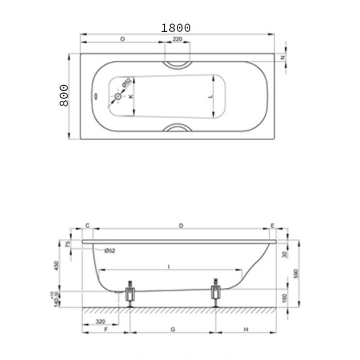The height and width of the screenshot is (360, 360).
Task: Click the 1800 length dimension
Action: pos(176,28)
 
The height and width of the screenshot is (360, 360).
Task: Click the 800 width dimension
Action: pos(64,95)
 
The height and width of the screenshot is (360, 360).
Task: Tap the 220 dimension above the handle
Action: pos(177,39)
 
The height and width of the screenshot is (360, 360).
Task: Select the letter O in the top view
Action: pos(122,39)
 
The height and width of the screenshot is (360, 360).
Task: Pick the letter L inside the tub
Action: pos(209,96)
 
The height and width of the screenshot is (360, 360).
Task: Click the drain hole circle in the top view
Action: pos(118,96)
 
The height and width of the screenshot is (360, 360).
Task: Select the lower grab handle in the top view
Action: pos(177,128)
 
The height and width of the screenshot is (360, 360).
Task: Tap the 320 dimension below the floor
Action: pos(100,322)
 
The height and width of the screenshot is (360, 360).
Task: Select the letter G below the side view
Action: pos(173,330)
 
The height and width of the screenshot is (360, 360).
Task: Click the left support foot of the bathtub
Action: pos(130,294)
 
